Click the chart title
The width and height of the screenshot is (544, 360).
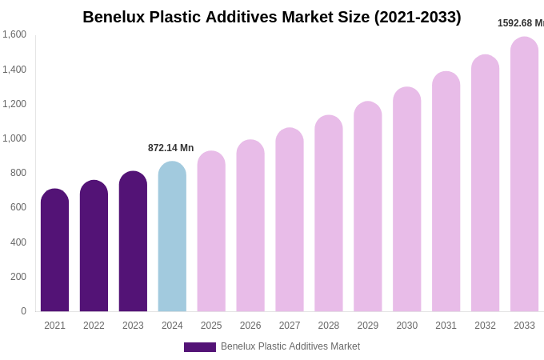pos(272,17)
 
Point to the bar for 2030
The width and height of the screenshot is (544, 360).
pos(406,199)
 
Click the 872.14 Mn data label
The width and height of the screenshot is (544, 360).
pos(170,148)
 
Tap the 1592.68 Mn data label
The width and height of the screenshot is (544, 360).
pos(520,23)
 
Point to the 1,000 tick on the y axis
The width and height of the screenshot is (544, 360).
pos(14,138)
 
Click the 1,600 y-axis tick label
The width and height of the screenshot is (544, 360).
pos(14,34)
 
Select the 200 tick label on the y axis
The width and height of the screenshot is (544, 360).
pos(18,277)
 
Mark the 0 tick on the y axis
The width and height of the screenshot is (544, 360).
pos(23,311)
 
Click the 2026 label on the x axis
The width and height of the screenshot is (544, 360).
pos(250,326)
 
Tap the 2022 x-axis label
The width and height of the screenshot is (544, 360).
pos(94,326)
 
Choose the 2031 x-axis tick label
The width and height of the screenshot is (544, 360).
pos(446,326)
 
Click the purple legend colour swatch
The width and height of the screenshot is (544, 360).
pos(199,347)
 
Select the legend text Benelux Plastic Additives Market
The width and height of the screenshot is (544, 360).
pos(290,346)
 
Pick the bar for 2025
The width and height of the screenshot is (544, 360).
pos(211,231)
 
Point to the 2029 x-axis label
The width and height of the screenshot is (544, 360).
pos(367,326)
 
